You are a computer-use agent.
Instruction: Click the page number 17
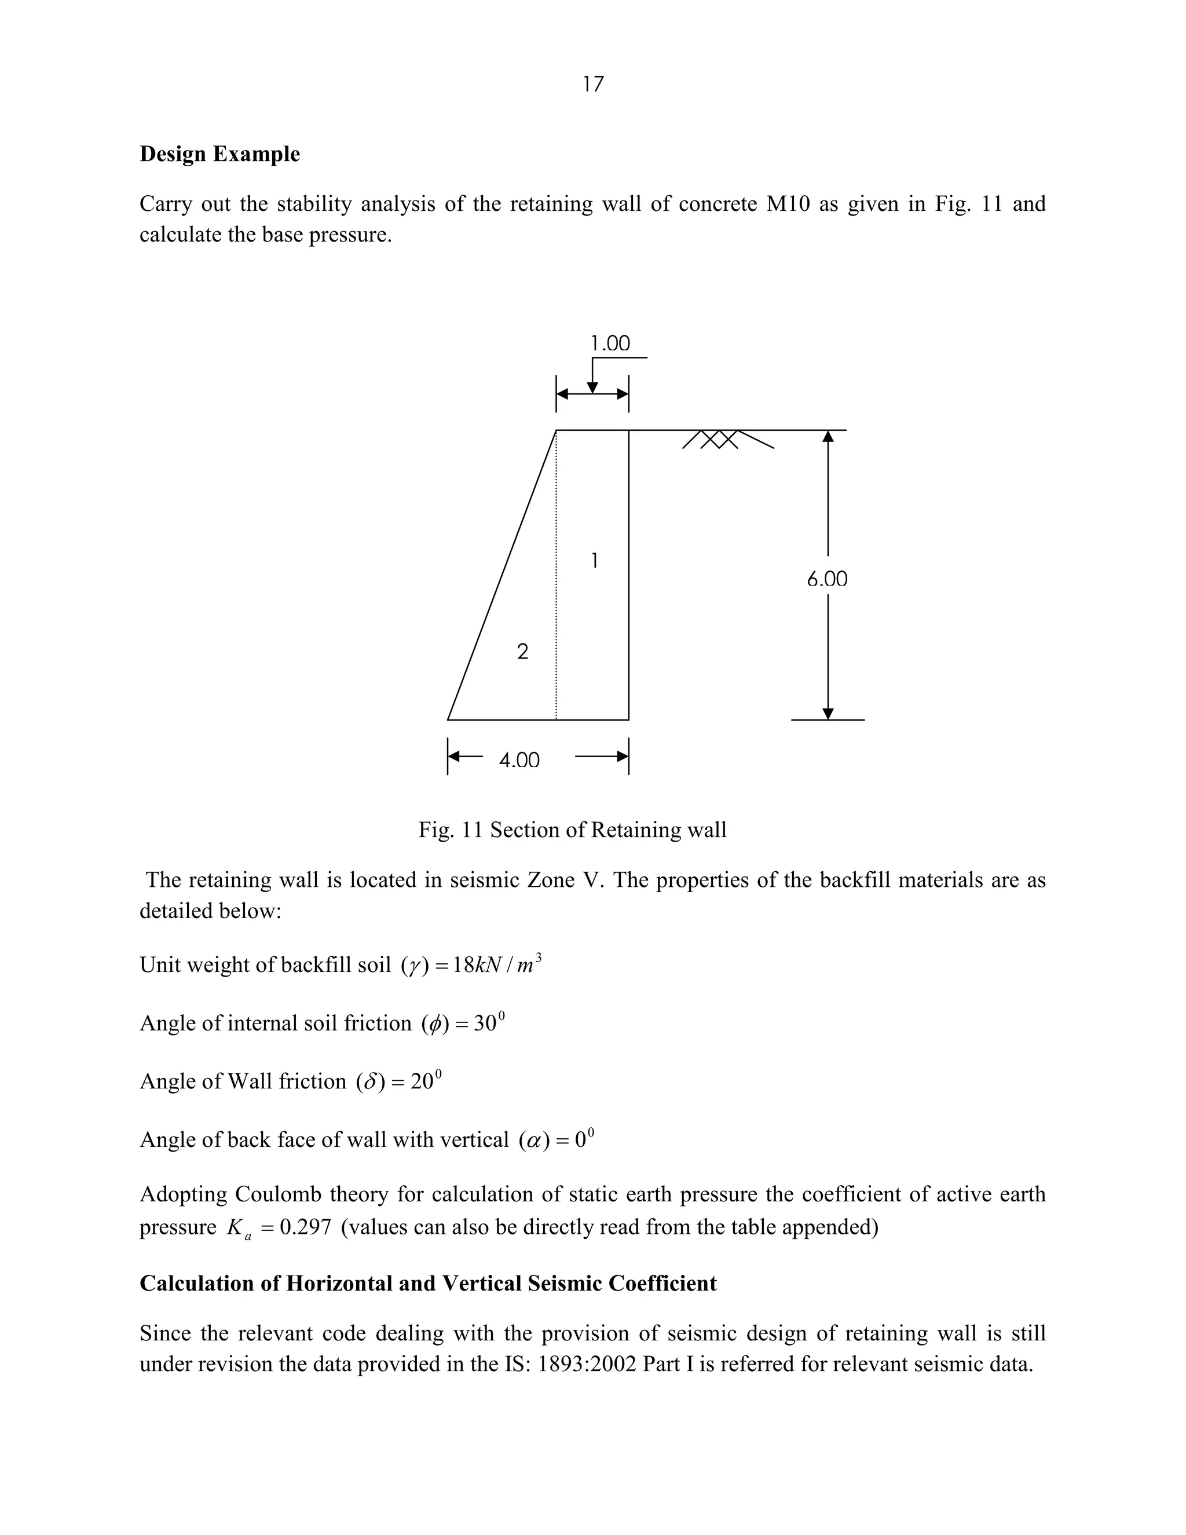coord(593,85)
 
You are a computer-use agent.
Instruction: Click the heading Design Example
coord(219,154)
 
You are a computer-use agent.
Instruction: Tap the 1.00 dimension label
coord(610,343)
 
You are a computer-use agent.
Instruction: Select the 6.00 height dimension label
coord(827,579)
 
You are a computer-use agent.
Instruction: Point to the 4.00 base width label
coord(519,761)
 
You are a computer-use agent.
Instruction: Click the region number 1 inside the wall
coord(594,561)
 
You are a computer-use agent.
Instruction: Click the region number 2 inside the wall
coord(522,652)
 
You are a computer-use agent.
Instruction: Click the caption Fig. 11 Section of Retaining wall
coord(572,830)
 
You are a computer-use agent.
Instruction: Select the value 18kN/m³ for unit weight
coord(497,965)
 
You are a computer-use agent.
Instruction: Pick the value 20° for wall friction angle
coord(426,1081)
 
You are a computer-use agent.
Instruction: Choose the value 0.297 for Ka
coord(305,1227)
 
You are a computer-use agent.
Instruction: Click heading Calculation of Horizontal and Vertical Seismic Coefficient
coord(428,1284)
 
